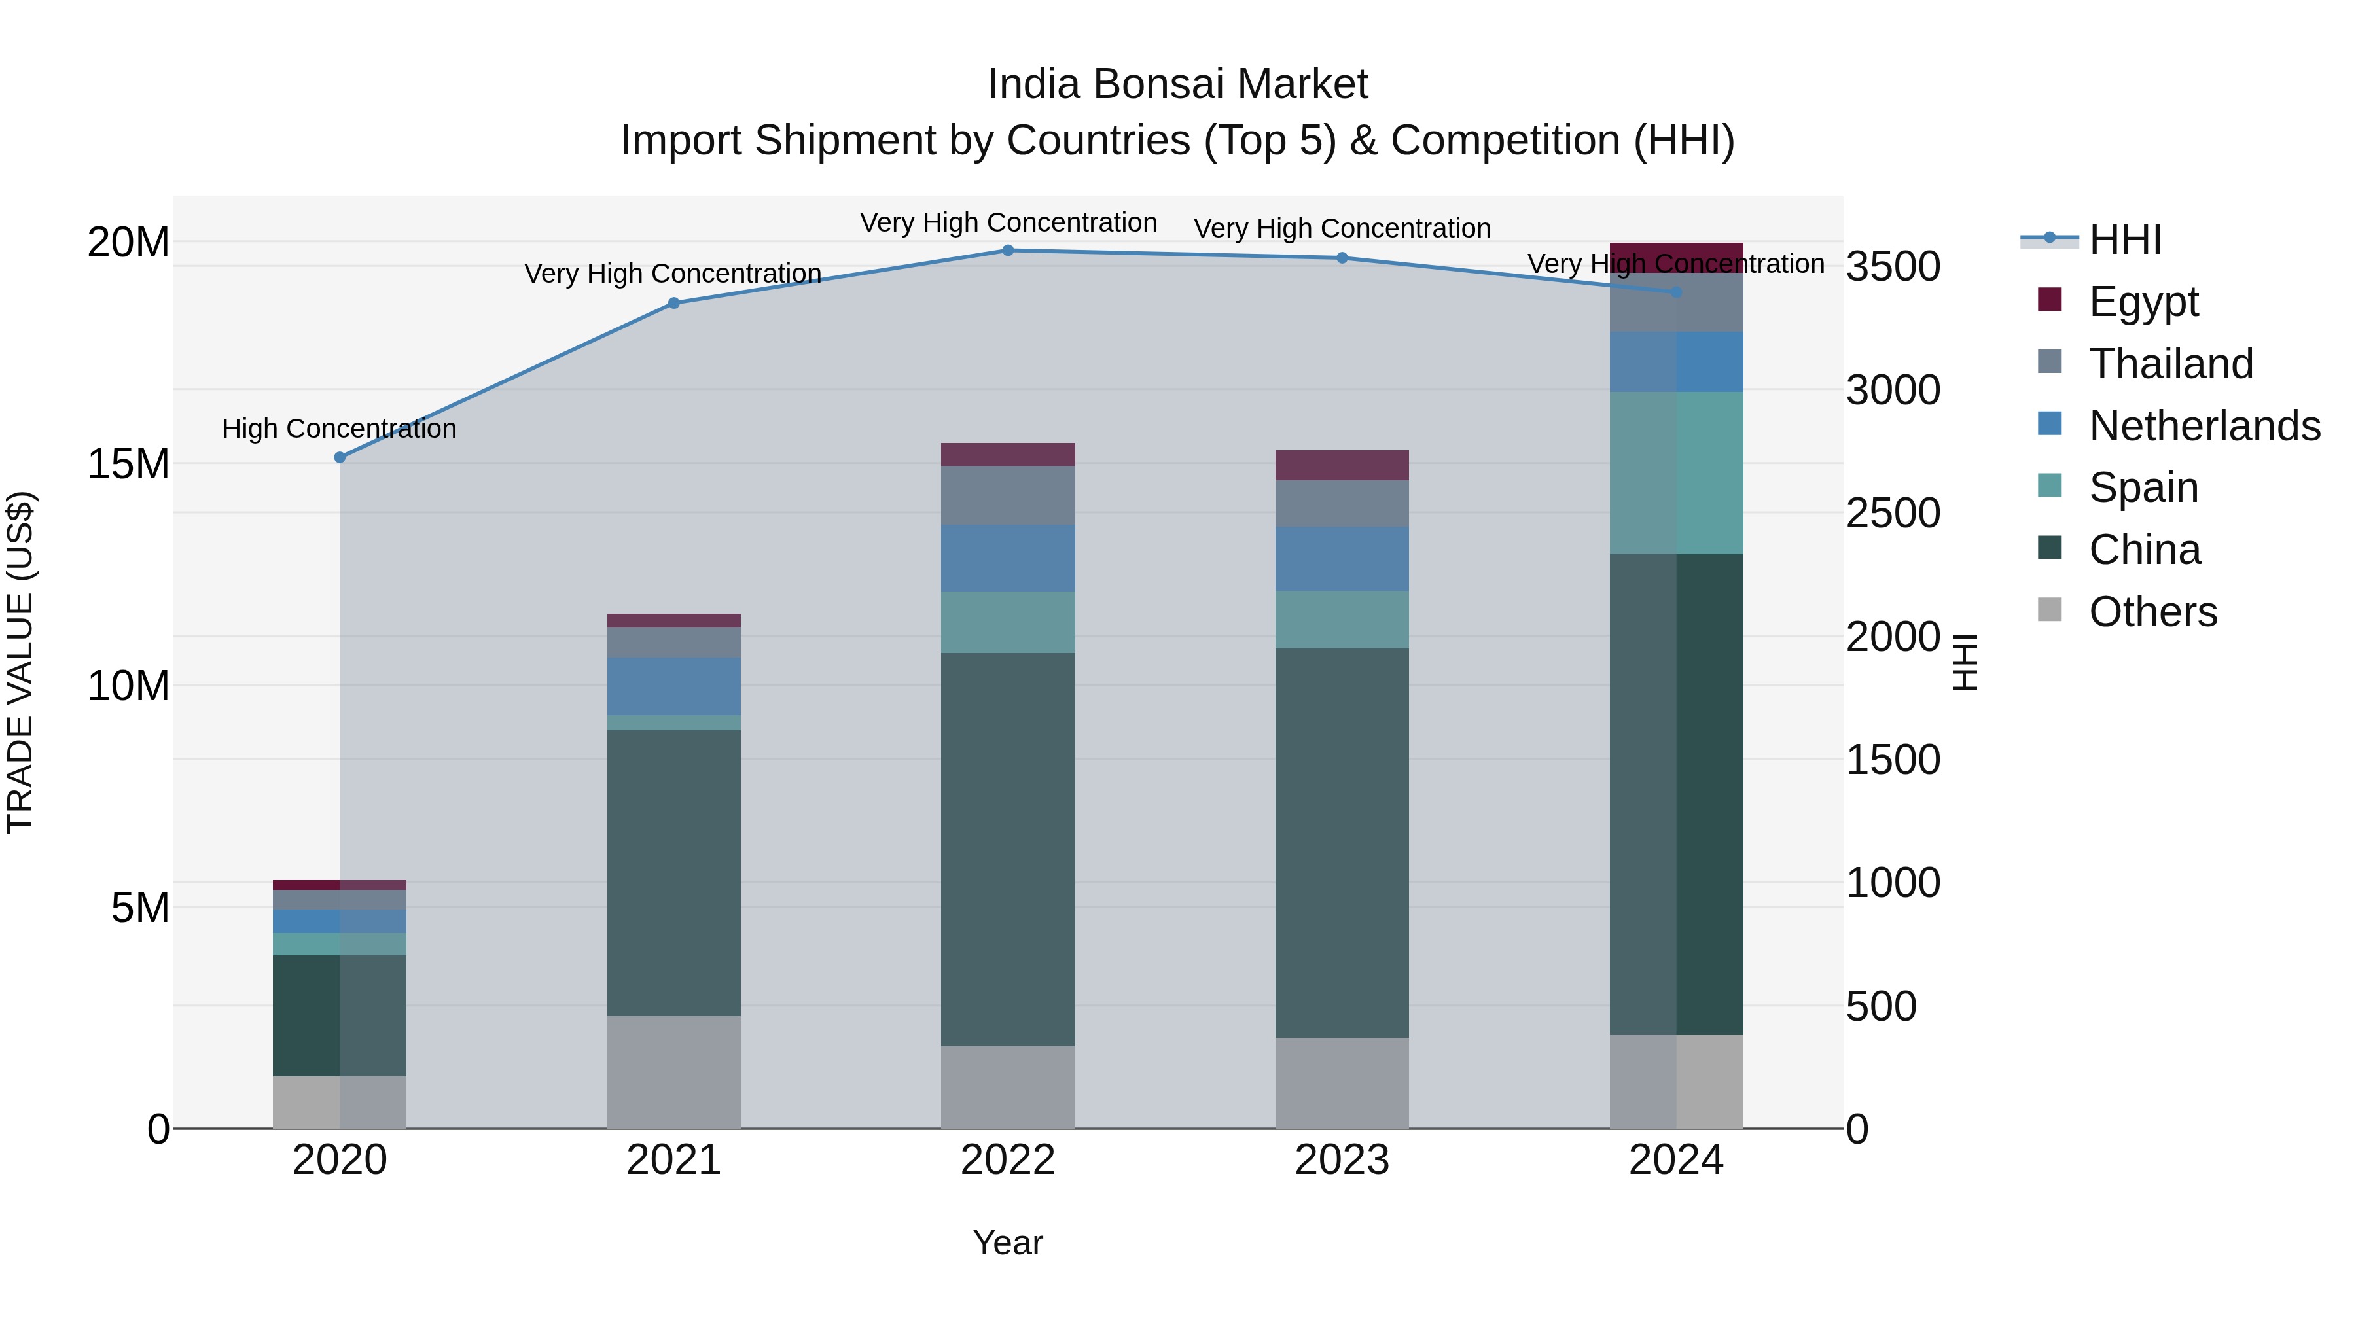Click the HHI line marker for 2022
1008,251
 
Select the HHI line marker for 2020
339,457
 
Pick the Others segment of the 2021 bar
673,1072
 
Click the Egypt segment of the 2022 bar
1008,455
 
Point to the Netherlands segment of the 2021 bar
673,686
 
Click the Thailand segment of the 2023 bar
1342,503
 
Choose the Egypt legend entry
2143,301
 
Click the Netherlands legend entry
2204,425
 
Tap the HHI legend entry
2124,239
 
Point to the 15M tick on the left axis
128,464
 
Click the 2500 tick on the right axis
1892,513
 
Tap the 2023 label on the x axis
1342,1160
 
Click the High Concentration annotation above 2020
339,428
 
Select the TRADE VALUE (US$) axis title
20,662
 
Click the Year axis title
1008,1243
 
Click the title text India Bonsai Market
1177,84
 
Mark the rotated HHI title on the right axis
1963,662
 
